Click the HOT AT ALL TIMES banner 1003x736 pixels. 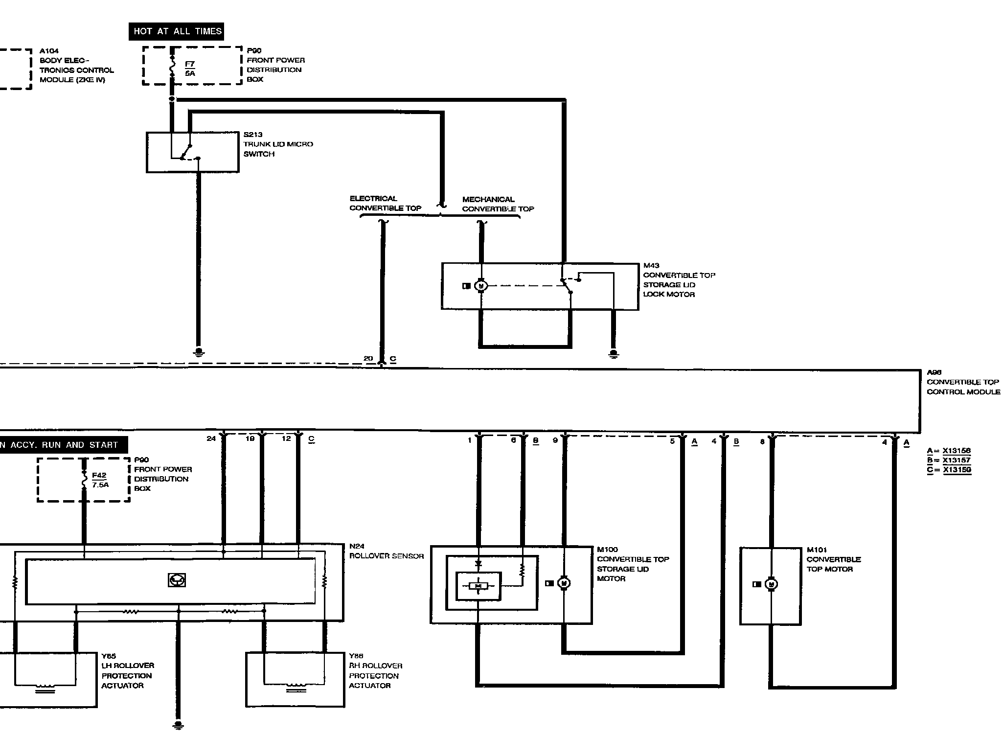[x=177, y=31]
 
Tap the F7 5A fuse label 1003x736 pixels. [x=190, y=69]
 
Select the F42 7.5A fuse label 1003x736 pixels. [x=100, y=480]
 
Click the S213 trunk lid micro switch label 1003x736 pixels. [x=278, y=144]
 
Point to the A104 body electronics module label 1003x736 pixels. [x=76, y=66]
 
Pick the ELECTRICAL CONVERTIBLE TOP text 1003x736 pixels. [x=385, y=203]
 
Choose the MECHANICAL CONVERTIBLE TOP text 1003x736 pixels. [x=498, y=204]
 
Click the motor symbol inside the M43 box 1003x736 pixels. [x=481, y=286]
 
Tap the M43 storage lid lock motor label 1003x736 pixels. [x=679, y=280]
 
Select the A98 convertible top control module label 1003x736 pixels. [x=962, y=382]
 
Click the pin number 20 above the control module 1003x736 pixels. [x=368, y=359]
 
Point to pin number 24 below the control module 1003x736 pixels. [x=211, y=438]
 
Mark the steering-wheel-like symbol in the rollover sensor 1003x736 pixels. [x=177, y=580]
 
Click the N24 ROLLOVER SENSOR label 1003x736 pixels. [x=386, y=551]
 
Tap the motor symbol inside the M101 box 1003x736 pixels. [x=771, y=584]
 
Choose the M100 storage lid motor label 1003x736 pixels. [x=632, y=564]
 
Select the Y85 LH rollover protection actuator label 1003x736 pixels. [x=127, y=671]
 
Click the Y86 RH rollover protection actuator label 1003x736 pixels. [x=375, y=671]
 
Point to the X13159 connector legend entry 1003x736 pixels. [x=949, y=470]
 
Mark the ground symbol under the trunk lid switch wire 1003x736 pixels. [x=199, y=352]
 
